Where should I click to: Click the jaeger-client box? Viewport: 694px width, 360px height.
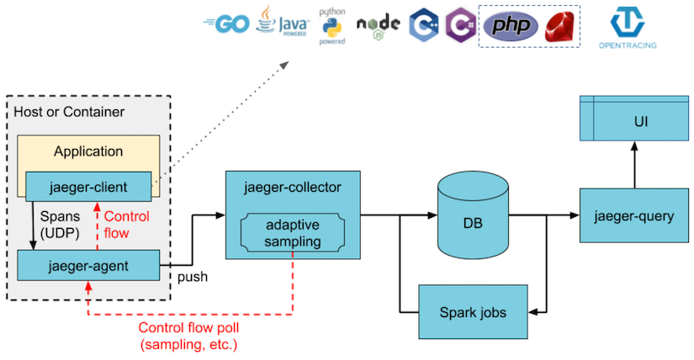tap(88, 186)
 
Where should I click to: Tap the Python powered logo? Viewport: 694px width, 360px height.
tap(330, 28)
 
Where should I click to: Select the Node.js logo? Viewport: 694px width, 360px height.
tap(378, 25)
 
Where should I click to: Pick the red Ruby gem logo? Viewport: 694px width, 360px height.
tap(559, 26)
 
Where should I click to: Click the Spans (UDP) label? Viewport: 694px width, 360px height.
tap(60, 224)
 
